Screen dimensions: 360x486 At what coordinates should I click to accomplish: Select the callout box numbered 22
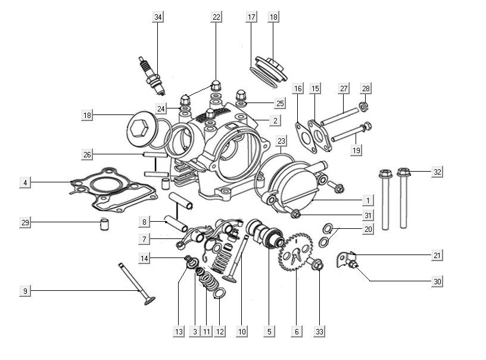(216, 17)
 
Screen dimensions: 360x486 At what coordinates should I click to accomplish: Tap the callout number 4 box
(24, 182)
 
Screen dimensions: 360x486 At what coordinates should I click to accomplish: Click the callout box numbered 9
(24, 291)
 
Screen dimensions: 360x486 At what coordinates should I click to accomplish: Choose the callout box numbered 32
(437, 172)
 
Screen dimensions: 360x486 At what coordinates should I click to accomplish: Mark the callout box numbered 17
(251, 17)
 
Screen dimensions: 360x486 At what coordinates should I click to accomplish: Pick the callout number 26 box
(88, 155)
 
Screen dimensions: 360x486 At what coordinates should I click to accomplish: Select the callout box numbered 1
(369, 200)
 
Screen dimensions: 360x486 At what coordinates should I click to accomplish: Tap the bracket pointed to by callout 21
(344, 259)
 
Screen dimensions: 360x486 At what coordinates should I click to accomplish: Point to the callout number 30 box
(437, 281)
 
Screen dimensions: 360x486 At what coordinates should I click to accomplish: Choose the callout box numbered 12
(220, 331)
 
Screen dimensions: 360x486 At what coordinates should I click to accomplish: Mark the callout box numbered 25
(263, 103)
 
